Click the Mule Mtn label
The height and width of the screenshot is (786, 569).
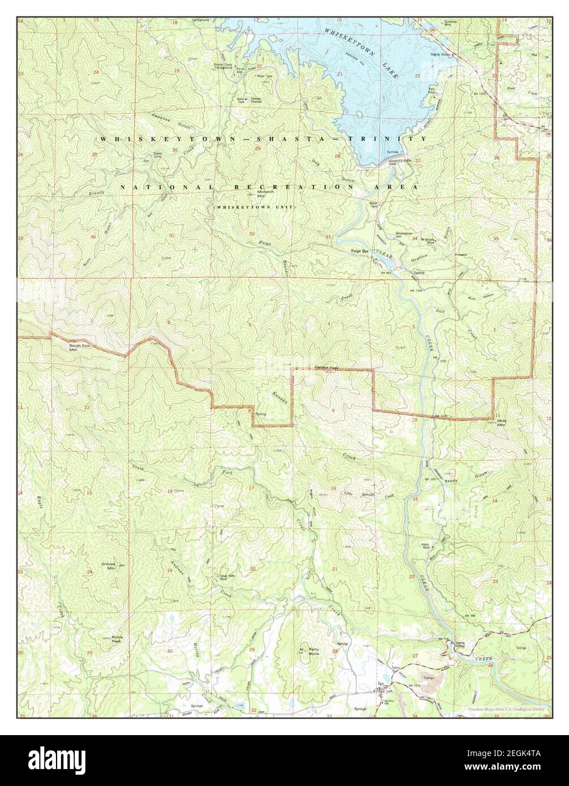point(501,423)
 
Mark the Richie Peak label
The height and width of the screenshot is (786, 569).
point(117,639)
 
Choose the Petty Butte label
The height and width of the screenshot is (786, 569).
point(314,651)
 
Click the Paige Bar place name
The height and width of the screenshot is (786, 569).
point(359,250)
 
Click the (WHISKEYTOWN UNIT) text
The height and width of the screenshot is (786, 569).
point(254,208)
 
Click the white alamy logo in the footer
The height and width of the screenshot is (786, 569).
point(49,760)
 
